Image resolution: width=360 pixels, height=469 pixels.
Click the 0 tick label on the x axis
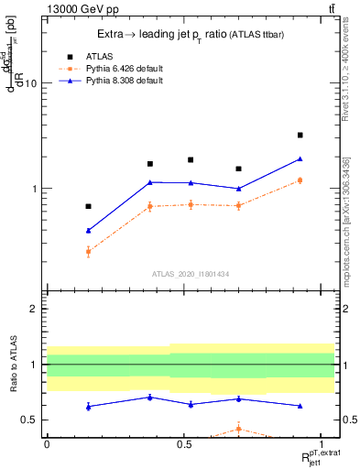coord(46,442)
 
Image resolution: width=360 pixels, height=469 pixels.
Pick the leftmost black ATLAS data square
coord(88,206)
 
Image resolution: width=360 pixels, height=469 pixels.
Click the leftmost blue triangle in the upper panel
coord(88,230)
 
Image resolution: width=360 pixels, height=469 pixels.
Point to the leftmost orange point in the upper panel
coord(88,251)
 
